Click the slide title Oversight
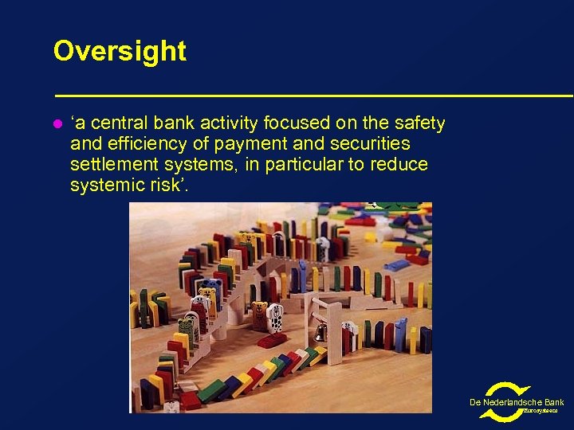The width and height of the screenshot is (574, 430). (120, 51)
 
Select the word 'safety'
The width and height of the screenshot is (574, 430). (418, 123)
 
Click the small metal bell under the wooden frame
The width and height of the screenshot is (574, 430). (320, 333)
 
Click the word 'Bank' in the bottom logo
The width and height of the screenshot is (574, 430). (552, 402)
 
